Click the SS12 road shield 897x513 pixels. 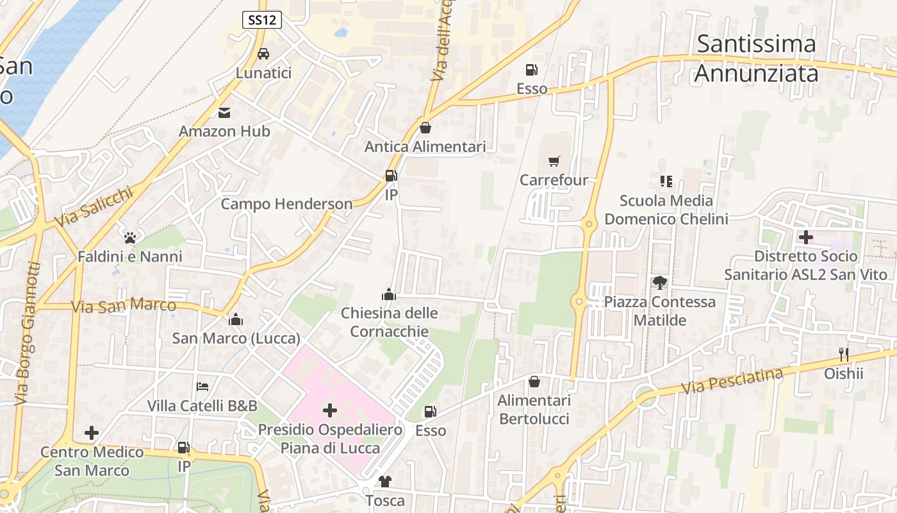pyautogui.click(x=263, y=20)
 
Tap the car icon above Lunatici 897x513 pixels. pyautogui.click(x=263, y=54)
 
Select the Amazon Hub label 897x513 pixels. pyautogui.click(x=224, y=131)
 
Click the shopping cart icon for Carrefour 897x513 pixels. pyautogui.click(x=554, y=161)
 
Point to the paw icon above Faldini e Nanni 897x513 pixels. pyautogui.click(x=131, y=238)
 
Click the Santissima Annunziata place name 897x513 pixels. pyautogui.click(x=756, y=59)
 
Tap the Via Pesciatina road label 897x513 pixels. pyautogui.click(x=732, y=381)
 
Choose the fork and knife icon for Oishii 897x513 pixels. pyautogui.click(x=844, y=354)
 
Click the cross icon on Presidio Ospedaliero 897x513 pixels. pyautogui.click(x=330, y=410)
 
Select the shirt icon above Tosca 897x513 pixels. pyautogui.click(x=384, y=481)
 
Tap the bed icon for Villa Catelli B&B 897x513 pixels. pyautogui.click(x=202, y=387)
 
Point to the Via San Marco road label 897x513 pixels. pyautogui.click(x=124, y=306)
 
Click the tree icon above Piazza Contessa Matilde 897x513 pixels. pyautogui.click(x=659, y=282)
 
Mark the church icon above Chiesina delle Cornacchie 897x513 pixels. pyautogui.click(x=389, y=294)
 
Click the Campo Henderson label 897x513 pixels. pyautogui.click(x=286, y=204)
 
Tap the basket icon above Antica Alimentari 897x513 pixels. pyautogui.click(x=425, y=128)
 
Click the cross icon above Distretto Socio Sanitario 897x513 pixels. pyautogui.click(x=805, y=237)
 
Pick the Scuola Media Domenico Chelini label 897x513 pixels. pyautogui.click(x=666, y=210)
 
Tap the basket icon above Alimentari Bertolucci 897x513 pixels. pyautogui.click(x=534, y=382)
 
